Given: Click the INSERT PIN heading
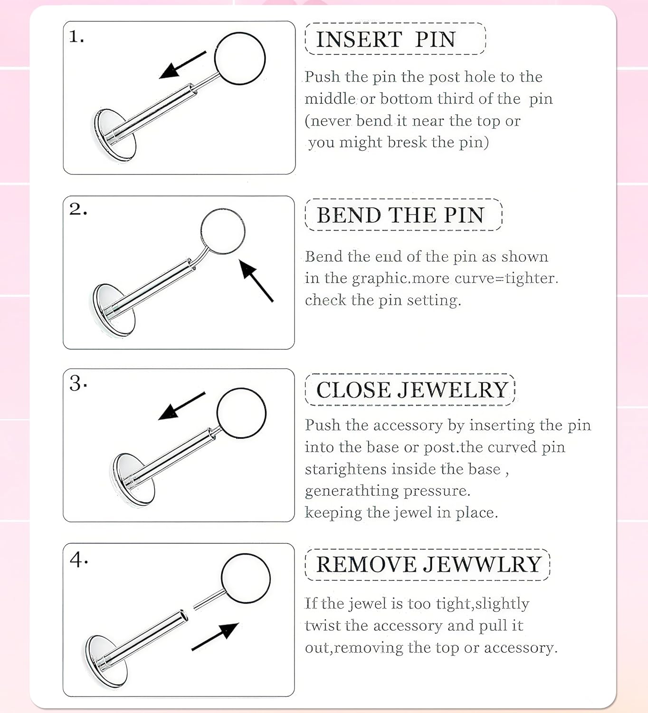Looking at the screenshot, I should tap(386, 39).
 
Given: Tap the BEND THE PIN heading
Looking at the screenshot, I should tap(400, 215).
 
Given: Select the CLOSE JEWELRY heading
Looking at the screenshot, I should tap(412, 390).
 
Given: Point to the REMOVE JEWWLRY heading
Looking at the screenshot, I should tap(429, 564).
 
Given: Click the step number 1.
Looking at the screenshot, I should tap(76, 37).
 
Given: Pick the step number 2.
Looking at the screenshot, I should tap(77, 209).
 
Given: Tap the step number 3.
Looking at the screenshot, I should tap(78, 383).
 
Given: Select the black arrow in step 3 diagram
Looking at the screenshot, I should tap(181, 406).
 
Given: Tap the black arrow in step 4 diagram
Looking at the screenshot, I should tap(215, 636).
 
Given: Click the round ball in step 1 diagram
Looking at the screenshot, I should tap(240, 58).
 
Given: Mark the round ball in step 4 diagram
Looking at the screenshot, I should tap(246, 578).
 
